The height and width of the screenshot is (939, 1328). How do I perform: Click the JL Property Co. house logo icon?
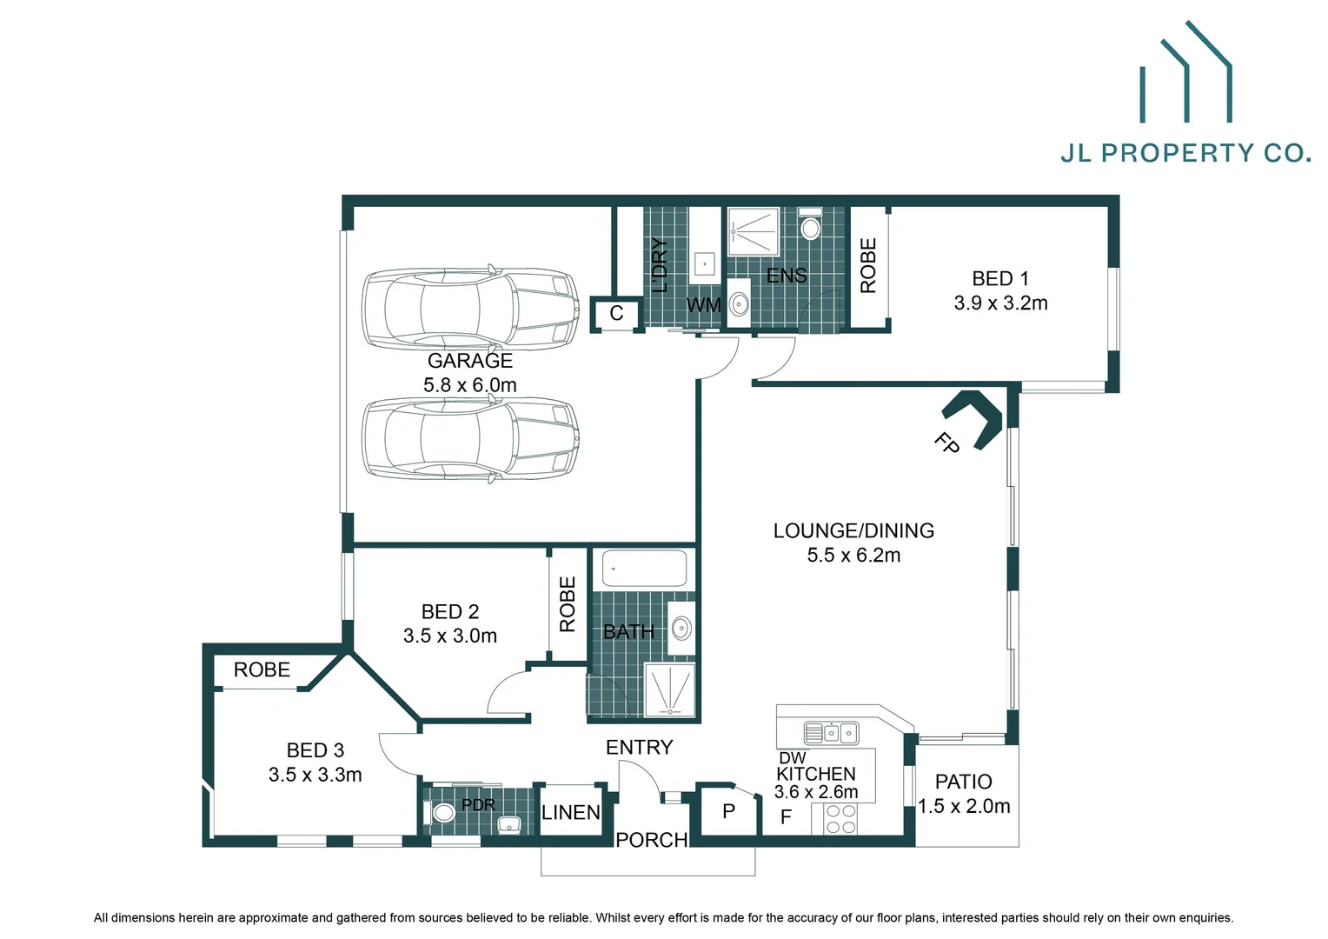click(x=1185, y=74)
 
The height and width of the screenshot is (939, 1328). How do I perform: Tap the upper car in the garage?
click(x=470, y=308)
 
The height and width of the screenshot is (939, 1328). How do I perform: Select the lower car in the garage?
click(x=470, y=439)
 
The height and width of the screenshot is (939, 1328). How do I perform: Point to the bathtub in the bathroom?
click(x=644, y=569)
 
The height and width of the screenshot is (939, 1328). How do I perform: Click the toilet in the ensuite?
click(x=810, y=226)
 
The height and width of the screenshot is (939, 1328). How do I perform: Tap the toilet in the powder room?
click(x=443, y=813)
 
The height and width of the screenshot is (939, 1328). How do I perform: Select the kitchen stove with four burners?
click(x=840, y=819)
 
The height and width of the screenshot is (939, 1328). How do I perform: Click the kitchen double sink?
click(x=831, y=733)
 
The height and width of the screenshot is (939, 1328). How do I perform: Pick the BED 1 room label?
click(x=999, y=279)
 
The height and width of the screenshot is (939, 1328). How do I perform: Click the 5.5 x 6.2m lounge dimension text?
click(x=853, y=556)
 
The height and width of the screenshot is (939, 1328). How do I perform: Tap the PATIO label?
click(x=963, y=782)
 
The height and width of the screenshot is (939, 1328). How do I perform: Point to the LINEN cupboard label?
click(x=570, y=813)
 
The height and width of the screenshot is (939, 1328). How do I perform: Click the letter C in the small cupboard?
click(x=616, y=314)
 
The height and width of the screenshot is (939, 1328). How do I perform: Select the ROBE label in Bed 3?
click(x=262, y=670)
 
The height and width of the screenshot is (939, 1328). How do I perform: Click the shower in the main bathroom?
click(x=670, y=690)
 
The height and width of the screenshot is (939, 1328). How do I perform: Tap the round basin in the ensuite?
click(x=739, y=303)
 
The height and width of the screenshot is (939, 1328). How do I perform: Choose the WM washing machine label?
click(x=703, y=306)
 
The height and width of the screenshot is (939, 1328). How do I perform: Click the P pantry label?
click(x=728, y=811)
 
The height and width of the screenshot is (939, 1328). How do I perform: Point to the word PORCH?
click(x=651, y=840)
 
